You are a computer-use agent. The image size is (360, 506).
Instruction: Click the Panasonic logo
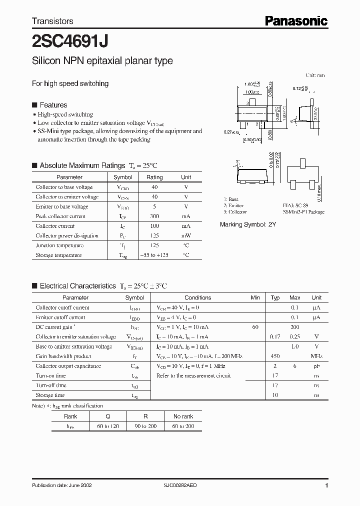pos(296,20)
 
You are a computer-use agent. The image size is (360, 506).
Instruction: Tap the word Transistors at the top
pos(52,21)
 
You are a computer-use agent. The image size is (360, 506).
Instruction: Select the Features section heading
pos(53,105)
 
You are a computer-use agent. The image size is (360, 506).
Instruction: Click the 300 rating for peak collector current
pos(154,216)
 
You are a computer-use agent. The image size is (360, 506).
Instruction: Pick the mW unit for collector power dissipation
pos(185,235)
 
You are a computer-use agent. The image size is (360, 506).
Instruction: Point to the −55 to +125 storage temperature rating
pos(154,255)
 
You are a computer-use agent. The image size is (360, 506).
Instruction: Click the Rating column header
pos(154,177)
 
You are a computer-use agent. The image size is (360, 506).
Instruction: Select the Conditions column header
pos(197,297)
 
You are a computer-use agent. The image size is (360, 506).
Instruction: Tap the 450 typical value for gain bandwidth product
pos(275,356)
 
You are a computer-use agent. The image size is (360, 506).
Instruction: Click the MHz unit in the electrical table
pos(316,356)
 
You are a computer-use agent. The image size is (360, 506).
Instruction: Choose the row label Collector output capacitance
pos(68,366)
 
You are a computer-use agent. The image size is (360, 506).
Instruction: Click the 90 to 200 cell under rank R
pos(145,426)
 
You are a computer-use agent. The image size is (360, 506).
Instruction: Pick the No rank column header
pos(183,416)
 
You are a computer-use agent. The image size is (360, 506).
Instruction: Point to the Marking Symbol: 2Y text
pos(248,225)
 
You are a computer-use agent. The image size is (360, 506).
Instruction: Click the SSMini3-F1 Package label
pos(303,212)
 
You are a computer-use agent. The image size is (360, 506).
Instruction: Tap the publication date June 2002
pos(61,485)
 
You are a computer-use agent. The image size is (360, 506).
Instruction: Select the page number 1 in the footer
pos(326,485)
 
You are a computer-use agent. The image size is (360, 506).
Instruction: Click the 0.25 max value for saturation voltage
pos(295,336)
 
